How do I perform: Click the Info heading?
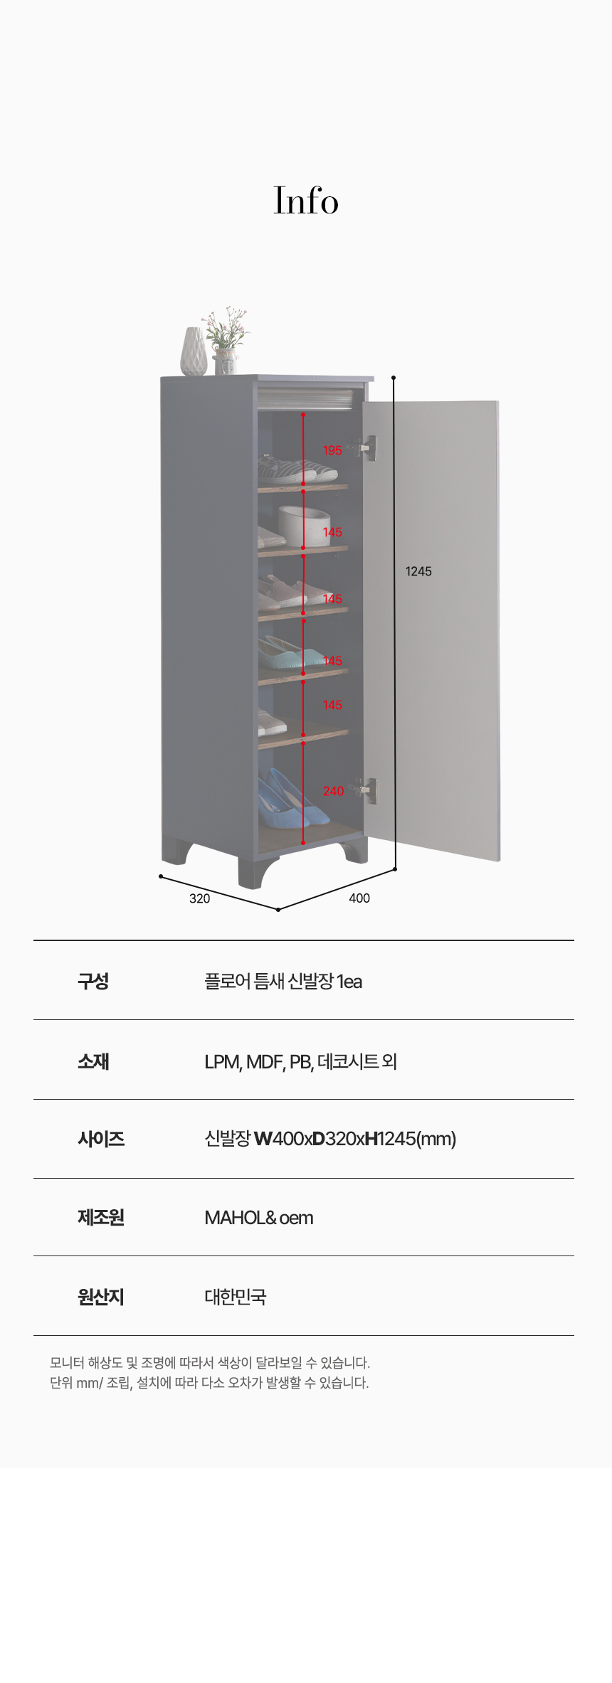pyautogui.click(x=306, y=201)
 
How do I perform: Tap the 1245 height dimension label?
pyautogui.click(x=418, y=571)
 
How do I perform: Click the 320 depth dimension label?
pyautogui.click(x=199, y=898)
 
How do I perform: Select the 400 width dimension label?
pyautogui.click(x=359, y=898)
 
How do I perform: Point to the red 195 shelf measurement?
pyautogui.click(x=332, y=450)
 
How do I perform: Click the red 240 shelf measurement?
pyautogui.click(x=333, y=791)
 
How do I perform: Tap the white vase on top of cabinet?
pyautogui.click(x=193, y=351)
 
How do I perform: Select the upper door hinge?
pyautogui.click(x=368, y=448)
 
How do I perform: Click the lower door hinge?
pyautogui.click(x=369, y=790)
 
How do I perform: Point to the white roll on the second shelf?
pyautogui.click(x=303, y=525)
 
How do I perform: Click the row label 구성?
pyautogui.click(x=93, y=981)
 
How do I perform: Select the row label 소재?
pyautogui.click(x=93, y=1061)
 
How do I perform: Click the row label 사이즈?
pyautogui.click(x=101, y=1139)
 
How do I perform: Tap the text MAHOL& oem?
pyautogui.click(x=258, y=1218)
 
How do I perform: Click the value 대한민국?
pyautogui.click(x=235, y=1297)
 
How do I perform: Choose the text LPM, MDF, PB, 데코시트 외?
pyautogui.click(x=300, y=1061)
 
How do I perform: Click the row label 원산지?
pyautogui.click(x=101, y=1297)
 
